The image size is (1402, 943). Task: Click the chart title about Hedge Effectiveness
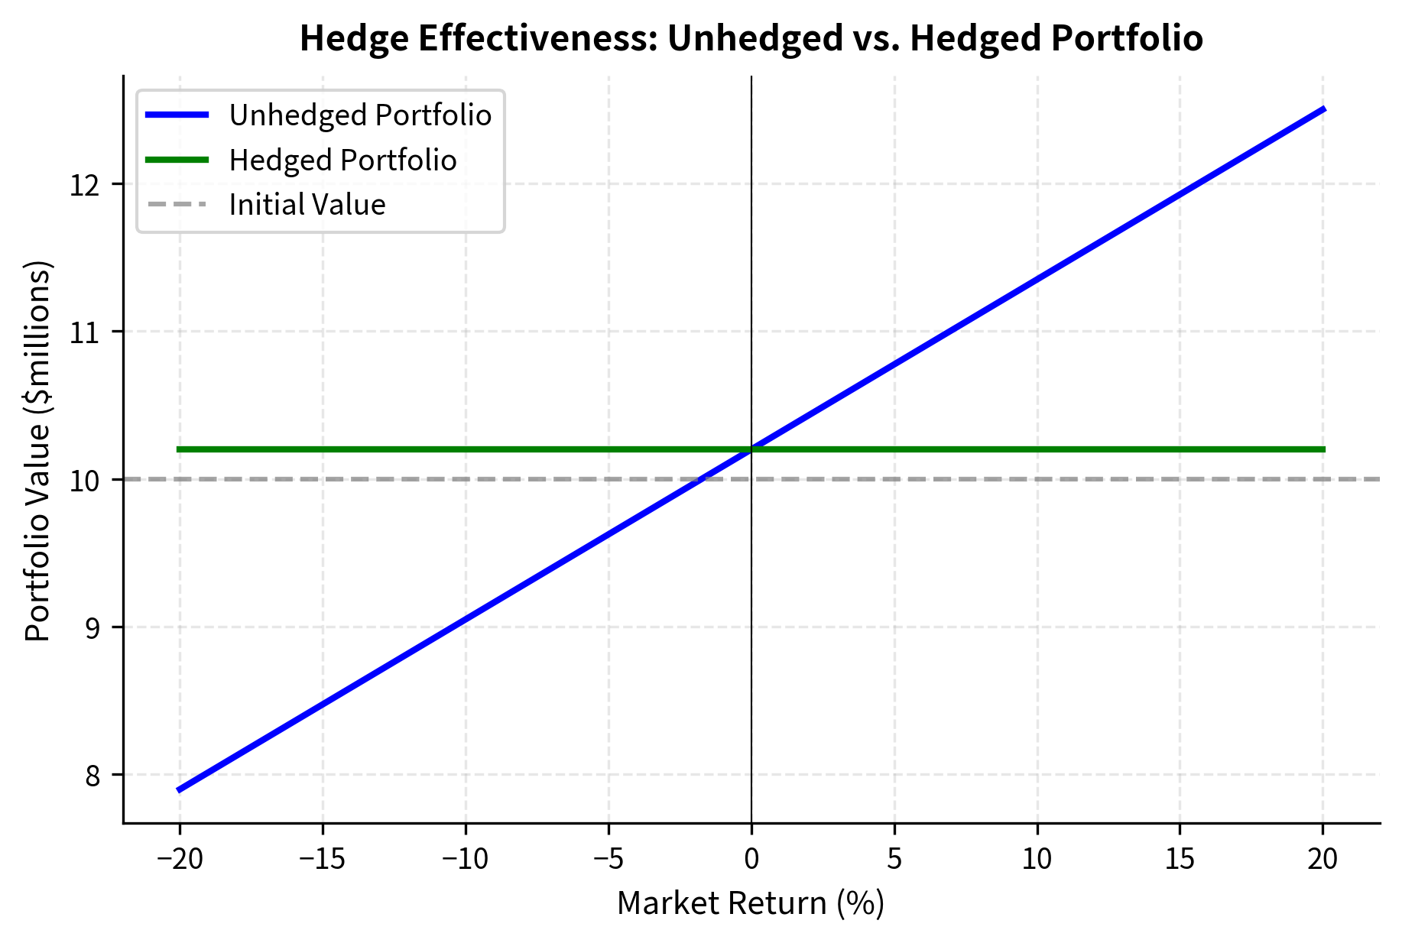[751, 38]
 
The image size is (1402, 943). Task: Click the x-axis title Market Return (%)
[751, 903]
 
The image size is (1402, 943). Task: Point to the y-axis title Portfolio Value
[38, 451]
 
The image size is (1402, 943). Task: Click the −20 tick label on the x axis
[180, 860]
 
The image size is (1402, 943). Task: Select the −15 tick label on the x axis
[323, 860]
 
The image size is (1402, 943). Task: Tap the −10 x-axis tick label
[466, 860]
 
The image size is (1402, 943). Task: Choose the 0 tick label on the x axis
[751, 860]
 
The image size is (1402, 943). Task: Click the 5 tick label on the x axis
[894, 860]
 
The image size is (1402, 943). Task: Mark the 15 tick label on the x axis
[1180, 860]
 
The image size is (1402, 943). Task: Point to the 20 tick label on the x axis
[1322, 860]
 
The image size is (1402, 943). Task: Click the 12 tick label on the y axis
[86, 185]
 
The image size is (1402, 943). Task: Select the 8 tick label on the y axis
[92, 776]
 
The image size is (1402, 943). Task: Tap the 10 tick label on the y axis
[86, 481]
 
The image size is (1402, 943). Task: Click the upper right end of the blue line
[1324, 109]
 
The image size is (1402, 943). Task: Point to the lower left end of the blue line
[178, 790]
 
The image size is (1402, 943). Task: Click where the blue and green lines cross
[751, 449]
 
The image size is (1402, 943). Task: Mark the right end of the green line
[1324, 449]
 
